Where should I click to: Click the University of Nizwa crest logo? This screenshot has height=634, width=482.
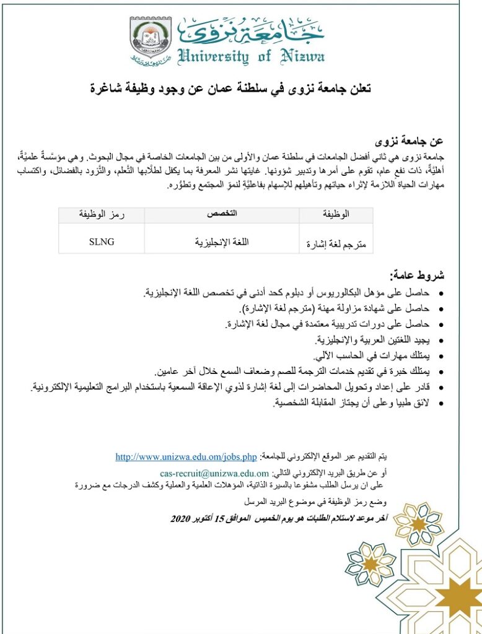151,40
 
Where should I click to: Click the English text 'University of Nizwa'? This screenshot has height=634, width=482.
250,57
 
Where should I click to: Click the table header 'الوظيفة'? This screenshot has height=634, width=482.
336,214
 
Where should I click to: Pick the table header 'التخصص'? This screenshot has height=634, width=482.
222,214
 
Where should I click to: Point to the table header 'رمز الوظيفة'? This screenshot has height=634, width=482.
102,214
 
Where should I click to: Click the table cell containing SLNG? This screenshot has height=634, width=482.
102,242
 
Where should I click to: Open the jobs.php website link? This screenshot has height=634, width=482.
186,458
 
